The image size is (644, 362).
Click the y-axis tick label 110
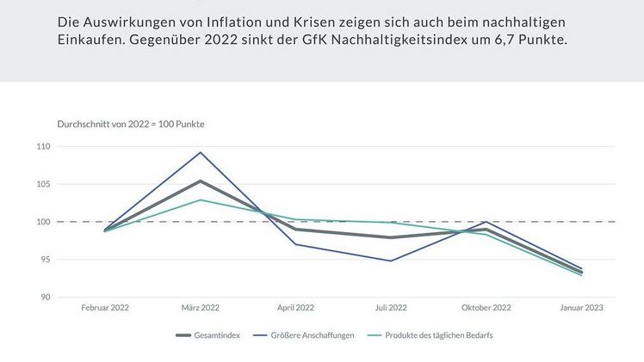tap(43, 147)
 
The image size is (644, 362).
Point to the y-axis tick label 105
tap(43, 184)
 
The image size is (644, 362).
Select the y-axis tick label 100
tap(43, 222)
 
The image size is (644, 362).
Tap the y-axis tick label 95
tap(45, 260)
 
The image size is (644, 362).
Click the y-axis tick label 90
tap(45, 298)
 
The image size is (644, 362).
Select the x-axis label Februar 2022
tap(105, 308)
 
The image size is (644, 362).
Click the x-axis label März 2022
tap(201, 308)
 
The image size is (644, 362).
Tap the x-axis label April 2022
tap(295, 308)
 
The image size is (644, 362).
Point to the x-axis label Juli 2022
tap(391, 308)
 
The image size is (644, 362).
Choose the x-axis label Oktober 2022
tap(486, 308)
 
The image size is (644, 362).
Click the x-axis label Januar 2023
tap(581, 308)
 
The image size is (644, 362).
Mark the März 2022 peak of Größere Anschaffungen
tap(201, 152)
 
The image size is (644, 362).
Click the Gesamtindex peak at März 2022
tap(201, 181)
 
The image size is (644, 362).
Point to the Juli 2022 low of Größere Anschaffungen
tap(391, 261)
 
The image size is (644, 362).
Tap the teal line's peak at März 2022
tap(201, 199)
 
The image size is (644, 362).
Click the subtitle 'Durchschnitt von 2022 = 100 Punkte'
tap(130, 125)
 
